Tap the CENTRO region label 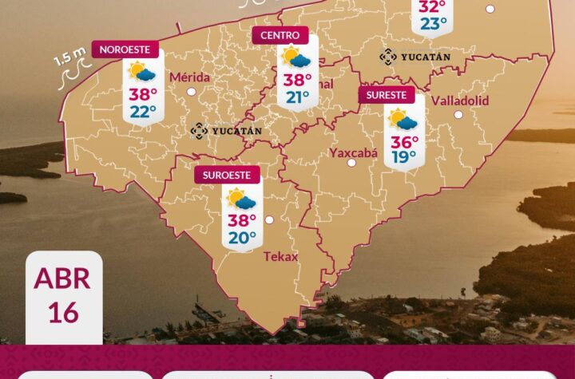click(280, 35)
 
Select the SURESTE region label click(387, 96)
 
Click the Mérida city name click(190, 77)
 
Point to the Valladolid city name click(459, 101)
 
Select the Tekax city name click(280, 256)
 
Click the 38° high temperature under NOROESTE click(142, 93)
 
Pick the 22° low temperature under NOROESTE click(142, 111)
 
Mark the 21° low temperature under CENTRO click(298, 97)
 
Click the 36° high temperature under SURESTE click(404, 140)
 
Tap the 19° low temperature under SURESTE click(404, 157)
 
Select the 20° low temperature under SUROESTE click(242, 237)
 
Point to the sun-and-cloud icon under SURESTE click(402, 120)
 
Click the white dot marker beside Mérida click(192, 92)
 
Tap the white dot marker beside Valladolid click(458, 114)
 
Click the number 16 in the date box click(63, 312)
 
